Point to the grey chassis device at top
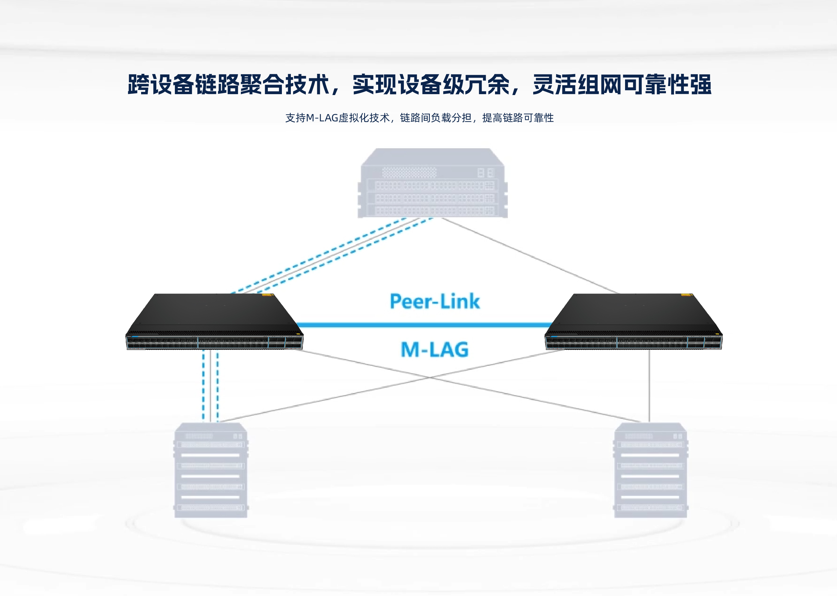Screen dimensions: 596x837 pyautogui.click(x=432, y=184)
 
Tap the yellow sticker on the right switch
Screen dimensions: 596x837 pyautogui.click(x=686, y=295)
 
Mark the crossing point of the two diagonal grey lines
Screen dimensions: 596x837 pyautogui.click(x=430, y=377)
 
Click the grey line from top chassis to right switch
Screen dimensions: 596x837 pyautogui.click(x=529, y=255)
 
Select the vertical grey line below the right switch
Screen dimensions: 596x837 pyautogui.click(x=649, y=385)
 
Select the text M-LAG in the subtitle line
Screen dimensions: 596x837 pyautogui.click(x=322, y=118)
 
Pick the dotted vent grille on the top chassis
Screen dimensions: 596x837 pyautogui.click(x=409, y=172)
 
